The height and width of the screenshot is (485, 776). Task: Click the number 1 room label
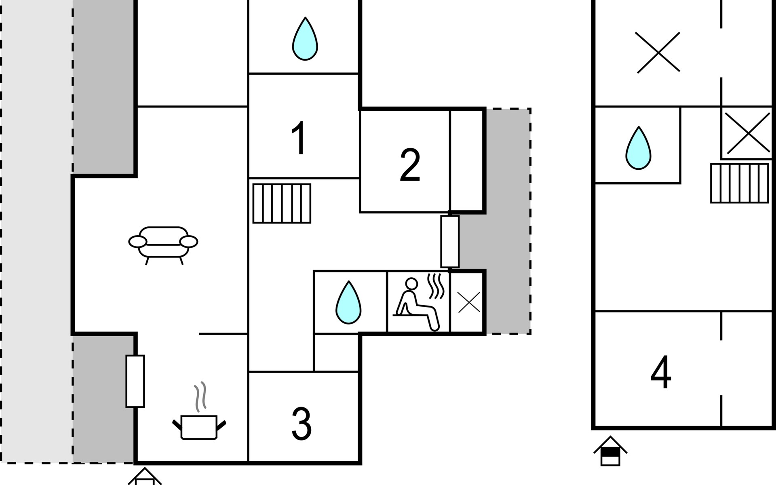(x=299, y=138)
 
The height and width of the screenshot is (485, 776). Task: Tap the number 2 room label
(x=410, y=165)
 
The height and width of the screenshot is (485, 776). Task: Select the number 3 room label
(x=302, y=424)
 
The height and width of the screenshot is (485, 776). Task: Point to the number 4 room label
(x=661, y=372)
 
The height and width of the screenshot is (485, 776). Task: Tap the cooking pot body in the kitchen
(x=199, y=427)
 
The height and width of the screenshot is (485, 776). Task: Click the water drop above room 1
(x=305, y=39)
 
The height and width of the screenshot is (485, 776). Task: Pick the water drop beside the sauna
(x=348, y=302)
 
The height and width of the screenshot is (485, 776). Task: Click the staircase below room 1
(x=282, y=203)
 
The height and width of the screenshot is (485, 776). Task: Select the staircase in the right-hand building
(x=740, y=183)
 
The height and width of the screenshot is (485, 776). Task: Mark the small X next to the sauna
(x=469, y=302)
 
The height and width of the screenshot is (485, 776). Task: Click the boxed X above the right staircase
(x=747, y=133)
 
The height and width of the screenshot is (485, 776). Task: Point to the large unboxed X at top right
(x=658, y=53)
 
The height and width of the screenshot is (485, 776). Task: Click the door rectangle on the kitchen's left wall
(x=135, y=381)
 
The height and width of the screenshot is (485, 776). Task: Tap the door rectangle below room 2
(x=450, y=242)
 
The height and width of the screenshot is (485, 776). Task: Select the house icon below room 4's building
(x=610, y=451)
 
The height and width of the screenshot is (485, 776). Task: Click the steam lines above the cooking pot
(x=200, y=397)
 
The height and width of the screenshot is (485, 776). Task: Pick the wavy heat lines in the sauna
(x=436, y=286)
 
